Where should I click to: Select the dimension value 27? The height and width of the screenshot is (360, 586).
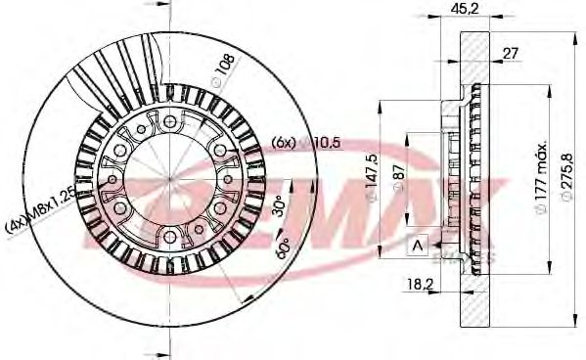tap(510, 54)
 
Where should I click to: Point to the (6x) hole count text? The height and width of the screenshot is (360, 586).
tap(284, 143)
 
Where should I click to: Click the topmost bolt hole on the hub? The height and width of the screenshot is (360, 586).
tap(168, 120)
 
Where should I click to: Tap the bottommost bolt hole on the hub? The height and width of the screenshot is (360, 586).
tap(168, 234)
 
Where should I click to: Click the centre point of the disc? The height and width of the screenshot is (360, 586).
tap(168, 177)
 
